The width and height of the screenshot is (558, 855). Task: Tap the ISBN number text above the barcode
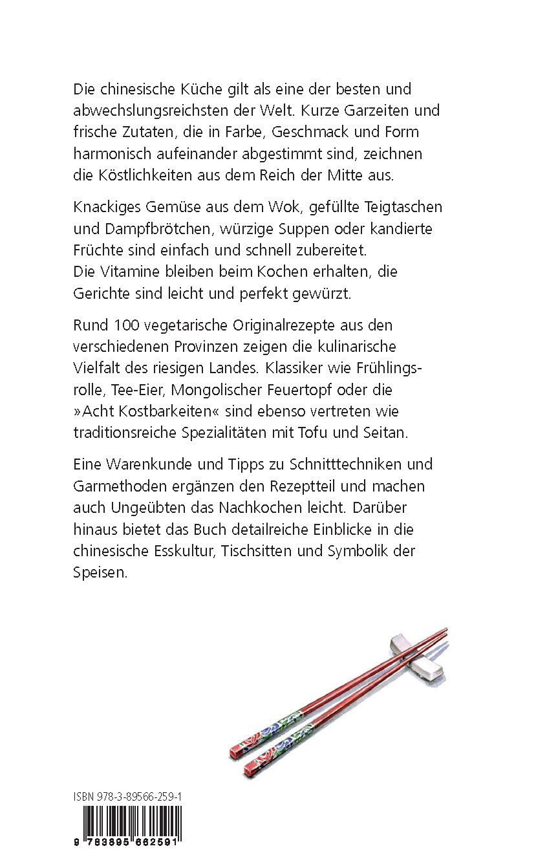point(127,797)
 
